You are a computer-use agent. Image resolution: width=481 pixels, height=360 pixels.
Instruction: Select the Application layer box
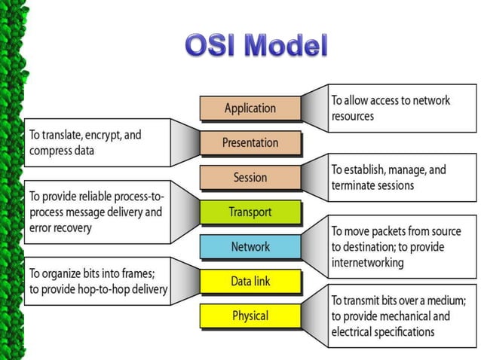(x=250, y=108)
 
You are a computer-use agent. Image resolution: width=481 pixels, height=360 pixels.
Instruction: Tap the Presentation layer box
(x=250, y=142)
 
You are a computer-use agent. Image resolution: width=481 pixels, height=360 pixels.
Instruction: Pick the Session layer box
(x=250, y=177)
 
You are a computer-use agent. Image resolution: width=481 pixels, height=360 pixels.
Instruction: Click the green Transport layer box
(x=250, y=212)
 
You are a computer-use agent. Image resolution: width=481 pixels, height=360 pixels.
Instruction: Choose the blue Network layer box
(x=250, y=246)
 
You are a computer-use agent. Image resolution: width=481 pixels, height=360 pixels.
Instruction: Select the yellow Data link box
(x=250, y=281)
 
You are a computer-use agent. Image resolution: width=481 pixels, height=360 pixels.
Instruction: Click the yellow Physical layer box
(x=250, y=315)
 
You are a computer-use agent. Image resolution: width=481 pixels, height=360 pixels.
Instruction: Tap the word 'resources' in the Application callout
(x=353, y=116)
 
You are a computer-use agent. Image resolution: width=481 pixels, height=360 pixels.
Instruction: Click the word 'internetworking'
(x=368, y=262)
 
